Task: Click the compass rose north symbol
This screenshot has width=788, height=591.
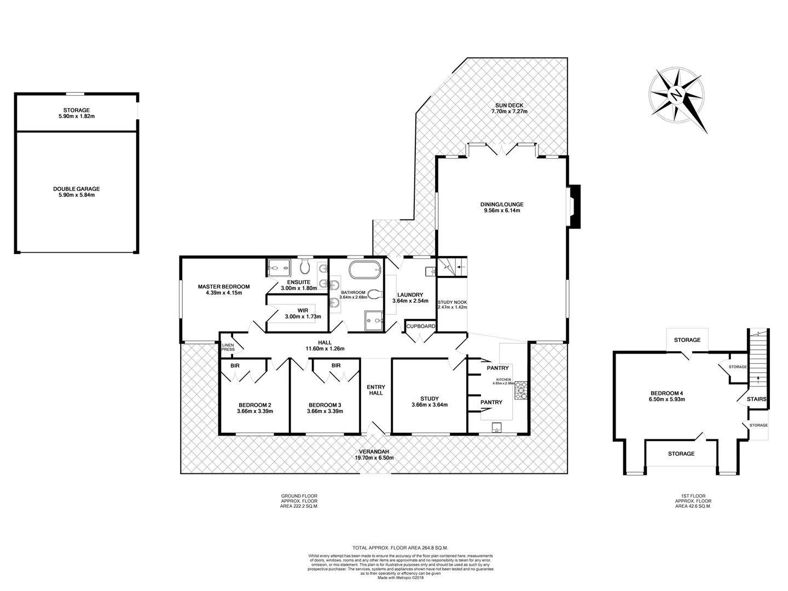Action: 677,95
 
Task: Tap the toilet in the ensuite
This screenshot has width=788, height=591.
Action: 306,268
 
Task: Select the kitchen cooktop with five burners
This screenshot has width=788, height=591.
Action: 522,390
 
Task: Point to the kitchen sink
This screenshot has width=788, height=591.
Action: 497,426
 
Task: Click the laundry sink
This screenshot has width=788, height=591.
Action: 429,270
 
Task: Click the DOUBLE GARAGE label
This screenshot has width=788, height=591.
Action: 77,189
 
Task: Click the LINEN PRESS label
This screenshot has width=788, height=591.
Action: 228,347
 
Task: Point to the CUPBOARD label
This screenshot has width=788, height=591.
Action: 420,327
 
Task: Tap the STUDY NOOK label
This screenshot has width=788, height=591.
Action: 451,302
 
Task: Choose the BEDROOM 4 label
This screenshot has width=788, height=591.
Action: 667,393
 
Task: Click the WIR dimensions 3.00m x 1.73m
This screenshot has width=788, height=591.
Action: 303,316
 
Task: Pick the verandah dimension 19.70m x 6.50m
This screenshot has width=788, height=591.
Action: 374,457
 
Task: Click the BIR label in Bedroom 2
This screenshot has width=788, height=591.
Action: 235,365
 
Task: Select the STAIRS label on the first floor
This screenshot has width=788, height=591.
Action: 756,399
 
